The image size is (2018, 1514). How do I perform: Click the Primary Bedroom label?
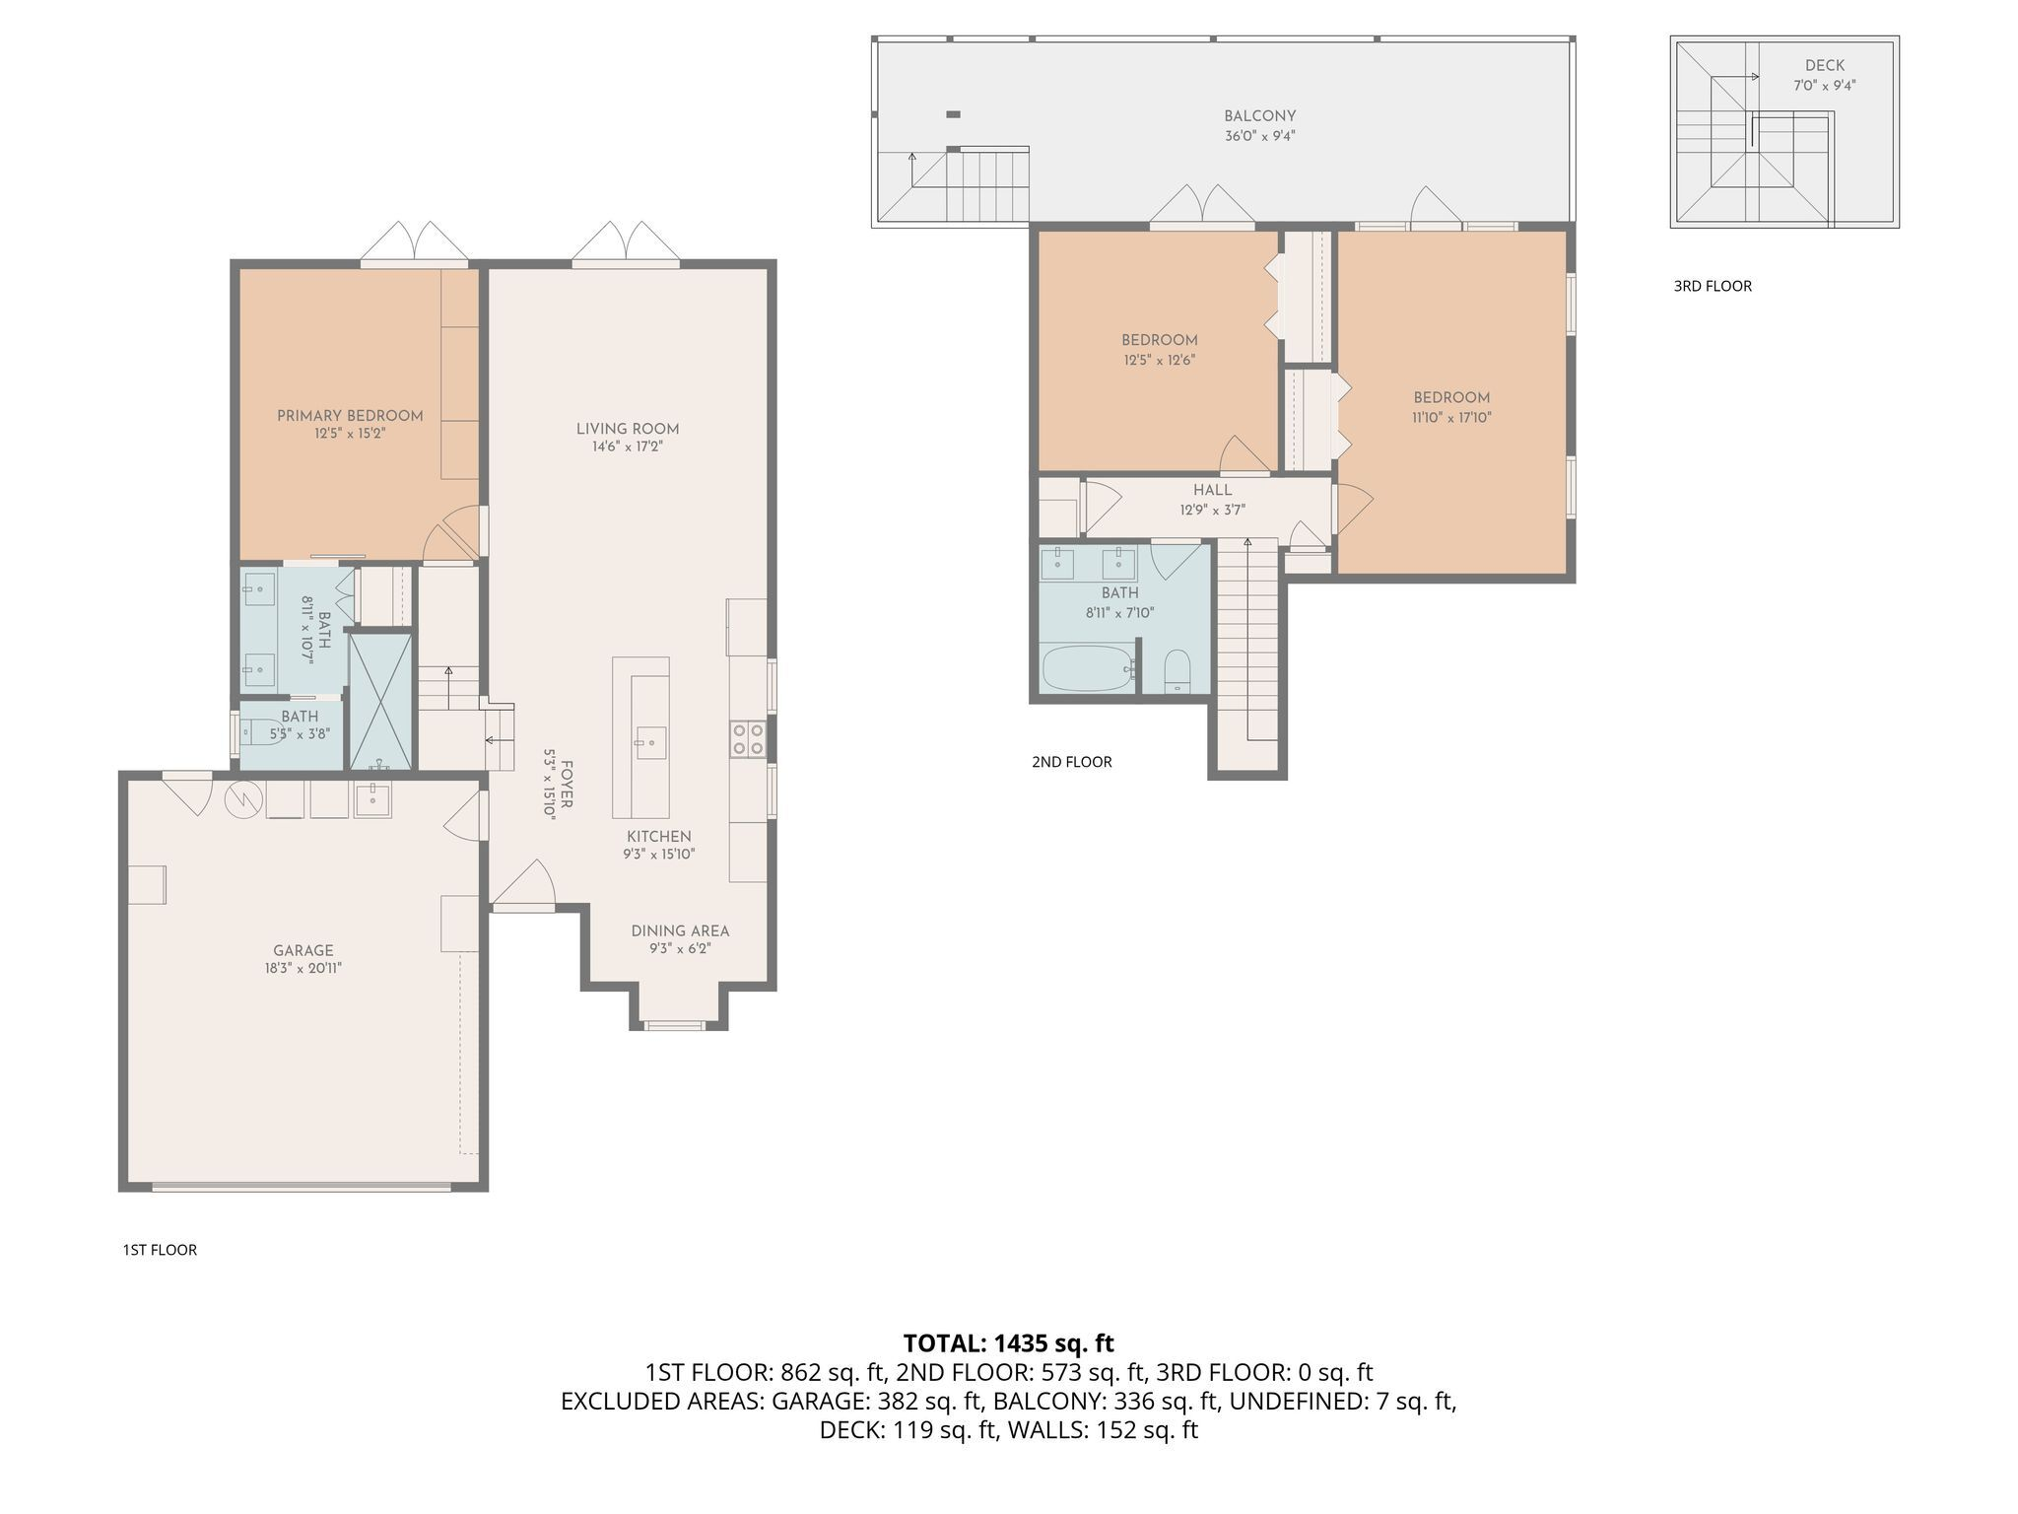coord(350,416)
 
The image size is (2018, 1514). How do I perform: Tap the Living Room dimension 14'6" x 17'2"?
coord(628,447)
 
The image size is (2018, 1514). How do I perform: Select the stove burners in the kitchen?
coord(747,739)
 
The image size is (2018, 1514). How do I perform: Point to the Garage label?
coord(303,950)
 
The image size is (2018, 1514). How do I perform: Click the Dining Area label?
coord(680,930)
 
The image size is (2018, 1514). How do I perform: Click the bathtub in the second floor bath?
coord(1086,669)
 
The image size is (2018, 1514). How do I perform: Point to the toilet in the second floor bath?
coord(1177,671)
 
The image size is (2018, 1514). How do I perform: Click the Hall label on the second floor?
coord(1212,490)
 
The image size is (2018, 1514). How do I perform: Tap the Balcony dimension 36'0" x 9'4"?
coord(1259,136)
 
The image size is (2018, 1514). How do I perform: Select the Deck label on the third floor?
coord(1824,66)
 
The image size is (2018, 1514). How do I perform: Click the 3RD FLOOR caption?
coord(1713,286)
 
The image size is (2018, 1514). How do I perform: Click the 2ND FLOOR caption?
coord(1071,762)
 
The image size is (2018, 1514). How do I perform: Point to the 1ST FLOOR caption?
coord(160,1250)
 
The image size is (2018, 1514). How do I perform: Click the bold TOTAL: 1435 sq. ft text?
coord(1008,1342)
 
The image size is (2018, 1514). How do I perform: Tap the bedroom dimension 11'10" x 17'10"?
coord(1450,417)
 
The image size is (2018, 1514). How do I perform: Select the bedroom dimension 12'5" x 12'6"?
coord(1159,360)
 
